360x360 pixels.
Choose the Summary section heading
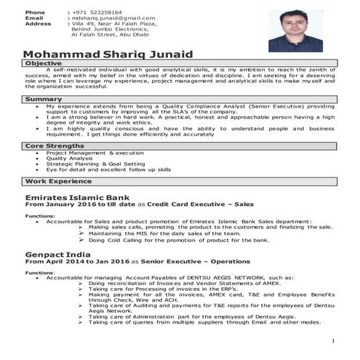point(42,98)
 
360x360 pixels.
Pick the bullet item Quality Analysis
point(70,159)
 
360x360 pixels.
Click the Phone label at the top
point(34,12)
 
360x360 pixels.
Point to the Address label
point(38,23)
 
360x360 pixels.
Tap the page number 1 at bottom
point(332,340)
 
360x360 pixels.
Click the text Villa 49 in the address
point(83,23)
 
